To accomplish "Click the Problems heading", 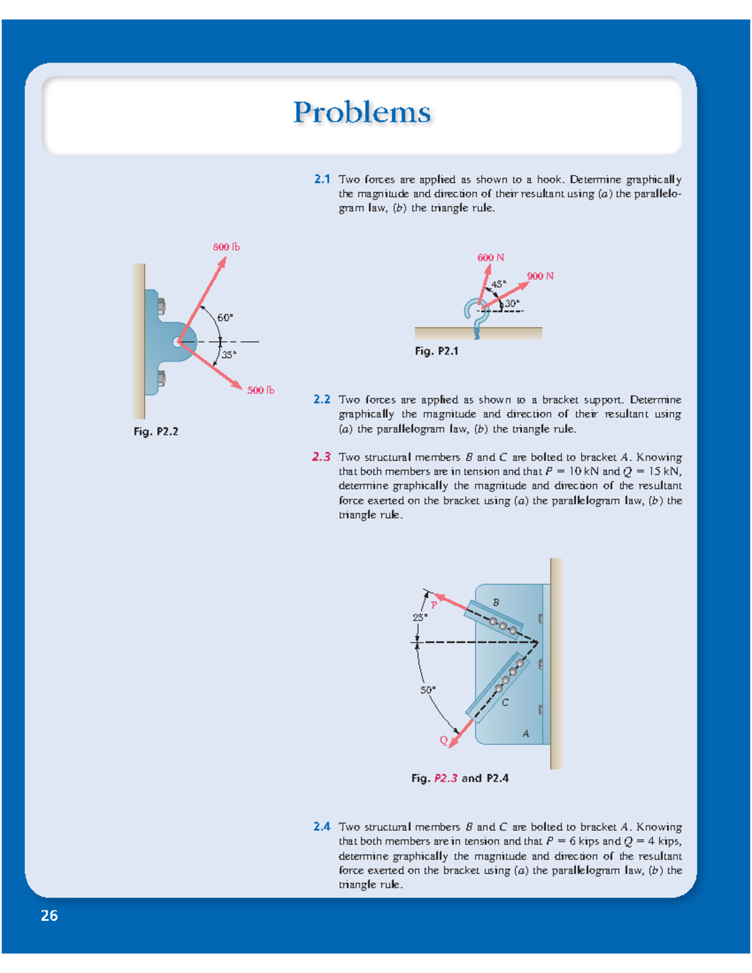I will coord(362,113).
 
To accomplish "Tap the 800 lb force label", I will coord(226,247).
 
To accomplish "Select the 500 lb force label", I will coord(260,390).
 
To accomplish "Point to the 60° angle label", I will coord(225,318).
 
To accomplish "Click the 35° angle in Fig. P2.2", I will coord(229,355).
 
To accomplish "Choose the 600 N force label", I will coord(491,258).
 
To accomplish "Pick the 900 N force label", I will coord(540,276).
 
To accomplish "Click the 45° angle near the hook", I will coord(498,284).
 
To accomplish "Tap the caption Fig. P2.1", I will coord(436,351).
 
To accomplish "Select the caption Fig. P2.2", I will coord(155,432).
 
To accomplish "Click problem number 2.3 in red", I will coord(321,457).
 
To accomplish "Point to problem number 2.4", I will coord(321,827).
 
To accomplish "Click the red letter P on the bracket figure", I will coord(434,605).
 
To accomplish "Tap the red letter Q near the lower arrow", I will coord(443,741).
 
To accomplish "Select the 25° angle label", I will coord(420,618).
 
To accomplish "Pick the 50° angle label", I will coord(427,690).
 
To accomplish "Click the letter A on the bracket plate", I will coord(526,734).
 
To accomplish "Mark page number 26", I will coord(49,916).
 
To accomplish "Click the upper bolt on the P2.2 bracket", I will coord(161,306).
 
